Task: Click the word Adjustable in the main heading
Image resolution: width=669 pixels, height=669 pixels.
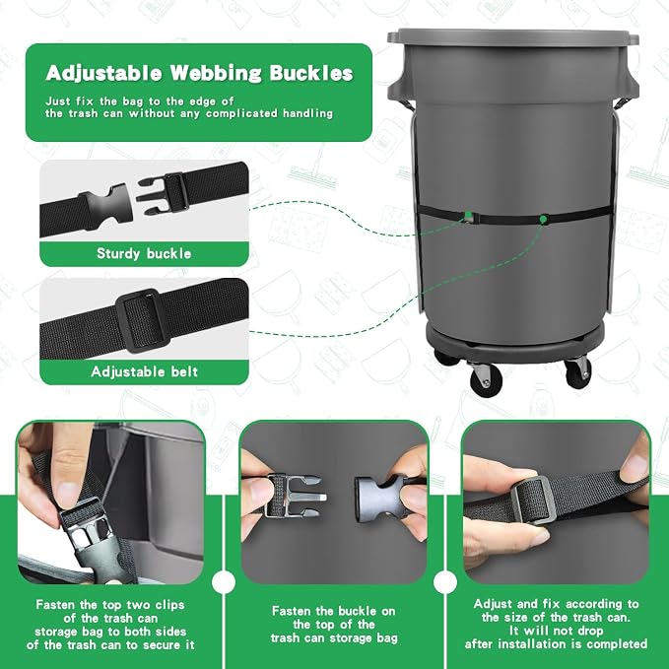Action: pyautogui.click(x=103, y=73)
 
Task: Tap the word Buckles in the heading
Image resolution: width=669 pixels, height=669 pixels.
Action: pyautogui.click(x=311, y=73)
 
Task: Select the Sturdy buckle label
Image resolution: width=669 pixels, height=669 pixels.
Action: pyautogui.click(x=144, y=253)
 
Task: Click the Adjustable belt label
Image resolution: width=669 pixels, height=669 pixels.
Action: pyautogui.click(x=144, y=371)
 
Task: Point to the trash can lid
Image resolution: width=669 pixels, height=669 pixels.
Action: pyautogui.click(x=513, y=36)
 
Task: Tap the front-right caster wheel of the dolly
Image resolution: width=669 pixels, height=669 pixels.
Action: pyautogui.click(x=578, y=372)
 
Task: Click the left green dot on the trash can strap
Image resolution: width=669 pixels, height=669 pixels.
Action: pyautogui.click(x=468, y=214)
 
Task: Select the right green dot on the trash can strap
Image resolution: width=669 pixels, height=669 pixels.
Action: pyautogui.click(x=543, y=220)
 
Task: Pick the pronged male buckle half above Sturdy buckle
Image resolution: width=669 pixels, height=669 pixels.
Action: pyautogui.click(x=163, y=193)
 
